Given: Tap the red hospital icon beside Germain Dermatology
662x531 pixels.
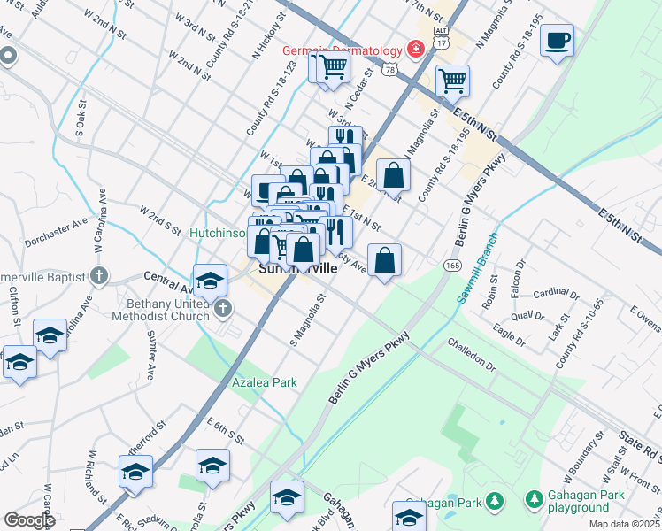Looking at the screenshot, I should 413,49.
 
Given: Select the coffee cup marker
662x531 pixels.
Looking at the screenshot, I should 557,41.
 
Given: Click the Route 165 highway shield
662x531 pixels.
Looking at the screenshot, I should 451,265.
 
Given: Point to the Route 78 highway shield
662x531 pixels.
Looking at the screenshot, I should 389,68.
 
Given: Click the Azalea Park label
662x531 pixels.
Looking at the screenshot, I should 264,382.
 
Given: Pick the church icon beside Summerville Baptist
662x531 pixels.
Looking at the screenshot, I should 99,274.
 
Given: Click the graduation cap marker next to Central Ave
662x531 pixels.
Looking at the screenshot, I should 210,281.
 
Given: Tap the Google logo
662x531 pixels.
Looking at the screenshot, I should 29,520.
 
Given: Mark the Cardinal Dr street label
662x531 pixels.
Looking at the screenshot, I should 558,293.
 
